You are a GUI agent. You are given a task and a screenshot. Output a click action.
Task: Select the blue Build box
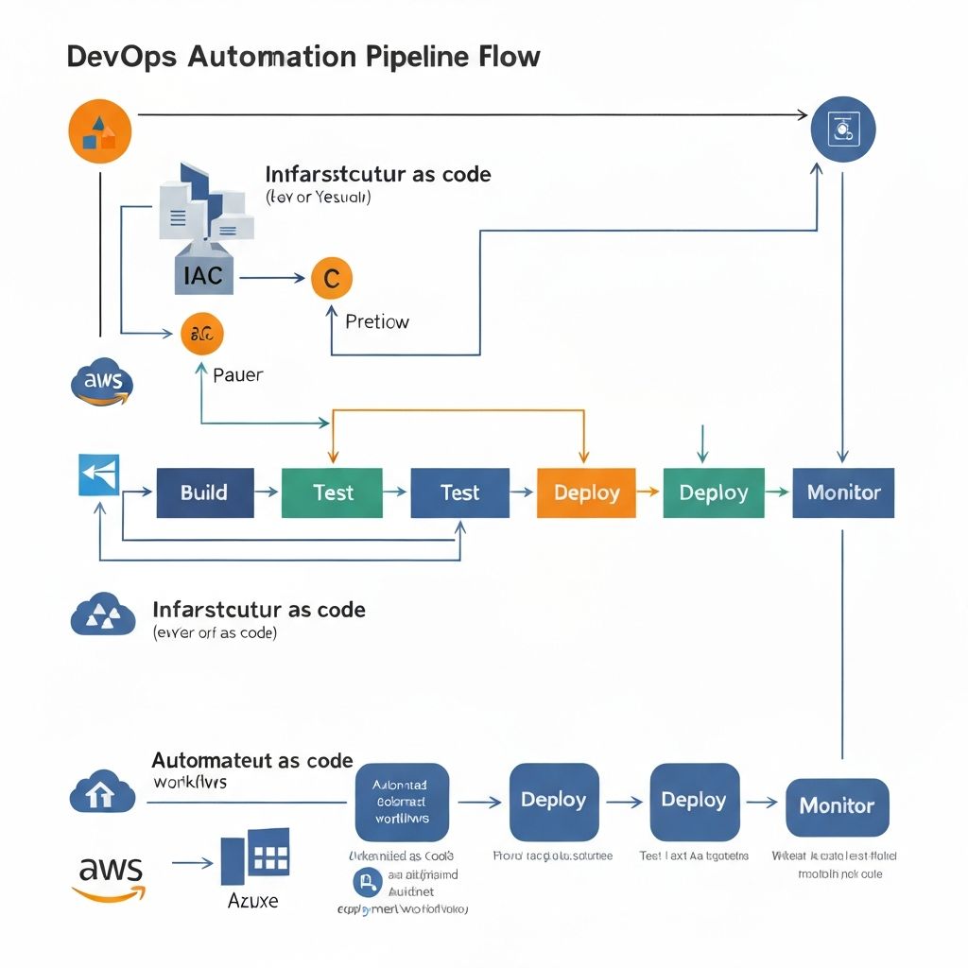coord(205,493)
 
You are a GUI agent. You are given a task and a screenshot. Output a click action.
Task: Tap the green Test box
coord(332,493)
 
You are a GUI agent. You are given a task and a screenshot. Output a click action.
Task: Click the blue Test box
coord(459,493)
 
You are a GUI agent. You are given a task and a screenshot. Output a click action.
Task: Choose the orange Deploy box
coord(586,493)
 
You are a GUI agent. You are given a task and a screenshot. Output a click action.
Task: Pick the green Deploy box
coord(714,493)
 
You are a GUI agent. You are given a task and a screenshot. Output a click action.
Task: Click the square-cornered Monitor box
coord(843,493)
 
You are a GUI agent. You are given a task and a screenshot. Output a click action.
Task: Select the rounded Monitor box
coord(837,806)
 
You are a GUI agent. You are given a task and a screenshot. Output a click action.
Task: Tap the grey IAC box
coord(199,275)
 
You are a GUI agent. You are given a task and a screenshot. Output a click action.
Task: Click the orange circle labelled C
coord(331,279)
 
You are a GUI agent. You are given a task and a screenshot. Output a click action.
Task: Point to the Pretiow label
coord(377,321)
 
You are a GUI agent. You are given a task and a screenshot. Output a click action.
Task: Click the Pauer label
coord(237,374)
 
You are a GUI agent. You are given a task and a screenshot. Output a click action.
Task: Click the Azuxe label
coord(253,900)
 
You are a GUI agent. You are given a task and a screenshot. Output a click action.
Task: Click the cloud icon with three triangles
coord(103,615)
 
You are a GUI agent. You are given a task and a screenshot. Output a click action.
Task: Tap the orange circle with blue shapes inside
coord(100,133)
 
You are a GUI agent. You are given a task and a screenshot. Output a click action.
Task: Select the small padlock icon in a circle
coord(365,883)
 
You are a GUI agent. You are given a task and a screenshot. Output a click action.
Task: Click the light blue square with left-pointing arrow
coord(98,475)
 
